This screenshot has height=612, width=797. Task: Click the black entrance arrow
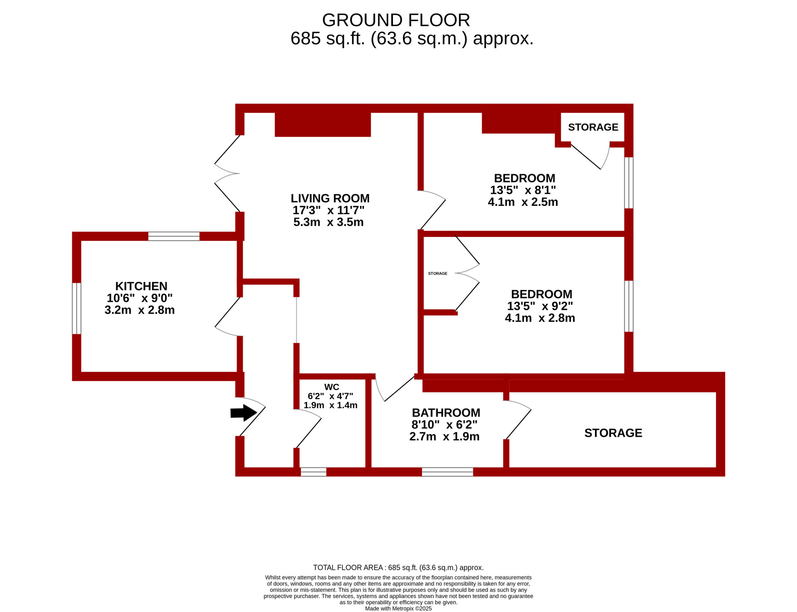243,413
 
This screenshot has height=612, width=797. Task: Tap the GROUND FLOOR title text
396,20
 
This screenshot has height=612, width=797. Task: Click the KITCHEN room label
141,286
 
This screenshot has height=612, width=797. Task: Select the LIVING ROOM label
330,198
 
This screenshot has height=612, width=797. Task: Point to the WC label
332,387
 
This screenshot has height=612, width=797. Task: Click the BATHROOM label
446,413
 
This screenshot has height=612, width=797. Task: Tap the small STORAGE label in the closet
438,274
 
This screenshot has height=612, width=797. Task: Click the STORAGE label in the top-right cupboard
593,127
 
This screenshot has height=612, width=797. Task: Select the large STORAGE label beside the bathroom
613,433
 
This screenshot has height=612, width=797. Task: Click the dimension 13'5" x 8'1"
523,190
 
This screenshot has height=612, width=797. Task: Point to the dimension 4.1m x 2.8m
540,318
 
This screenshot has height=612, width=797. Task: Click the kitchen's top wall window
174,236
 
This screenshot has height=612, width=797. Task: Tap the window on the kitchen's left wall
77,309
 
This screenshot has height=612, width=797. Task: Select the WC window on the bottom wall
313,472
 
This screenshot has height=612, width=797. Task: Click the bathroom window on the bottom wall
448,472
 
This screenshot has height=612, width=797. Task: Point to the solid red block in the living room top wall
323,125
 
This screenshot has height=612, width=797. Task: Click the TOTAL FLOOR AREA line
398,567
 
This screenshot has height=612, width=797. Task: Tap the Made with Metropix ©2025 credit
398,608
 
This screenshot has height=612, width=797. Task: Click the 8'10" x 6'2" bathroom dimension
444,424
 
